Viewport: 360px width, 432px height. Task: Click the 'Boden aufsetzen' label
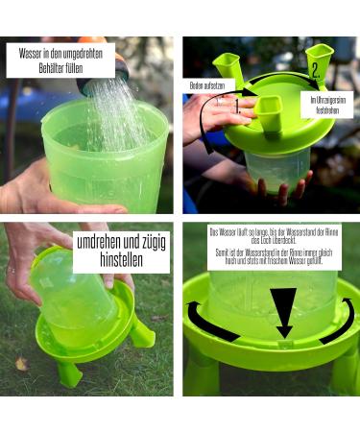(x=207, y=85)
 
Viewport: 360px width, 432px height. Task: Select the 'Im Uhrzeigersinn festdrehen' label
(x=325, y=104)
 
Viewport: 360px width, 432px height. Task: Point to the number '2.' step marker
(x=315, y=71)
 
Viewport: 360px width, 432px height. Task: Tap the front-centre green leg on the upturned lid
(x=269, y=112)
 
